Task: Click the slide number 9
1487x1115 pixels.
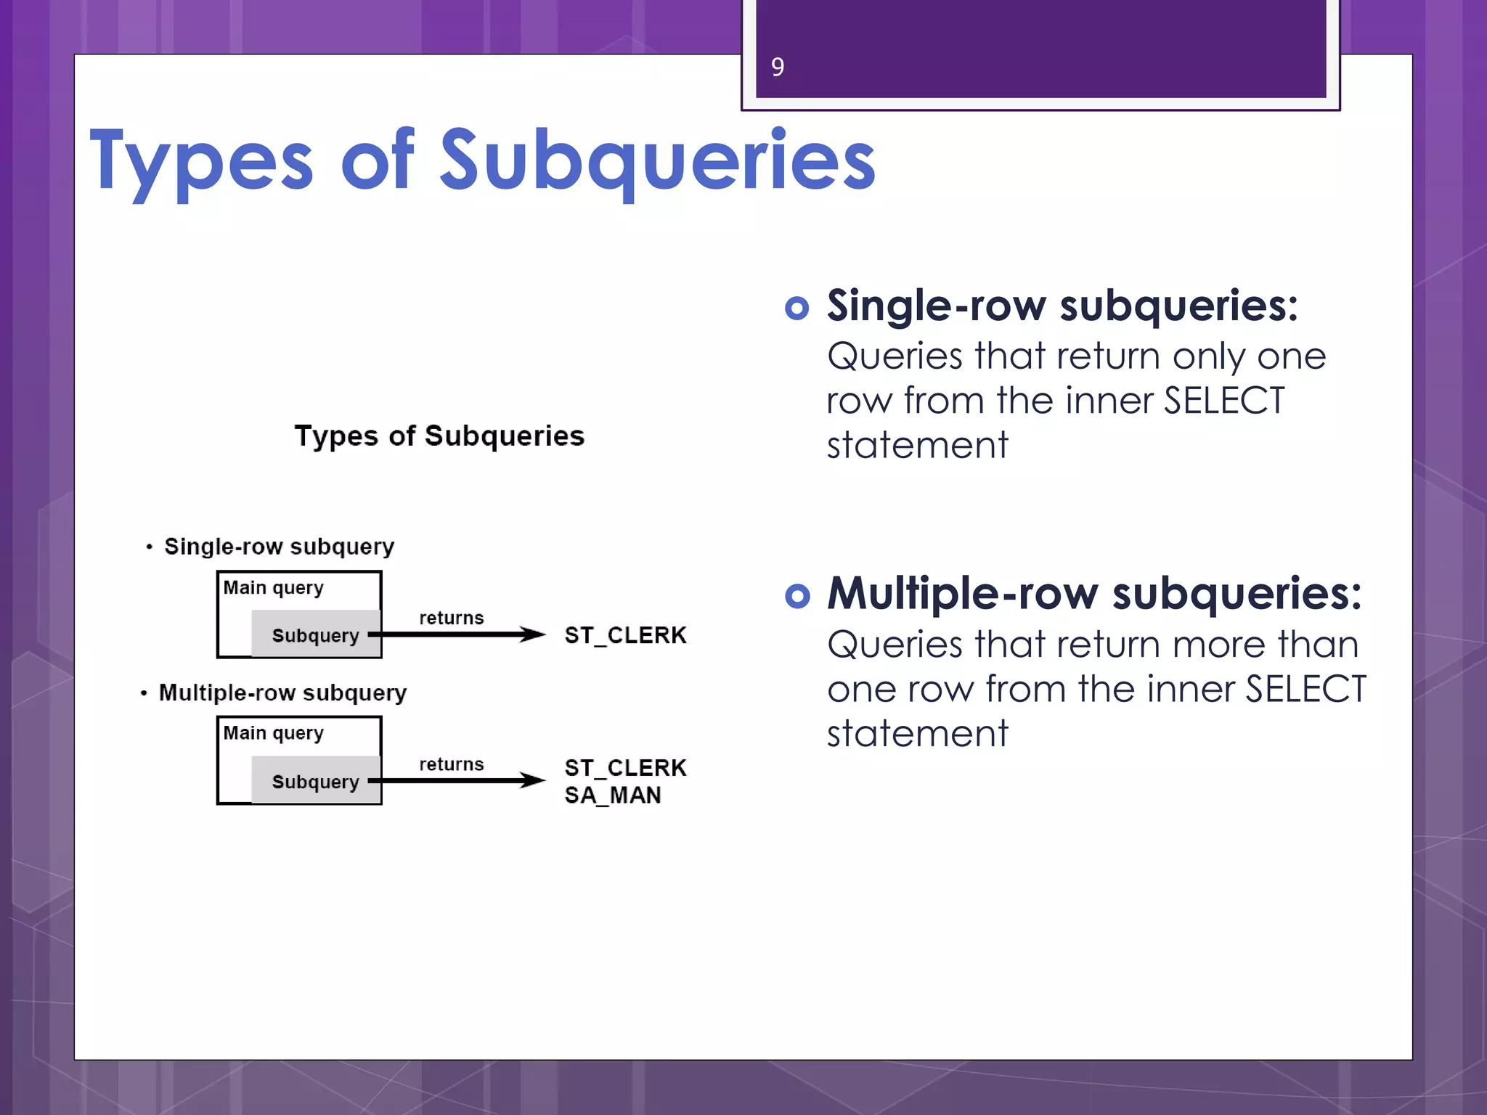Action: pos(777,68)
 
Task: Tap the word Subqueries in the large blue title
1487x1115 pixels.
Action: pos(657,161)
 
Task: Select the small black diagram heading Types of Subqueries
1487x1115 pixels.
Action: pos(439,436)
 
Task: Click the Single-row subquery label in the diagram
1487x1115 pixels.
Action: pos(279,547)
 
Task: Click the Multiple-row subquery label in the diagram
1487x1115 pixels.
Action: pos(282,693)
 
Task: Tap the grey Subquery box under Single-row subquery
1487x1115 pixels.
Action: pos(316,634)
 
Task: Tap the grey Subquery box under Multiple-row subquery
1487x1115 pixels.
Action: pos(316,781)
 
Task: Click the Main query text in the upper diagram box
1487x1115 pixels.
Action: pos(273,588)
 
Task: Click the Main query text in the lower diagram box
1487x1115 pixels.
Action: pos(273,733)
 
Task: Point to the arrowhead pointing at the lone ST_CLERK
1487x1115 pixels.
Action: pos(534,635)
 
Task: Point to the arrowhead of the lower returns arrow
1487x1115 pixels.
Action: pos(534,781)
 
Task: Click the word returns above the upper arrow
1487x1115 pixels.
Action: pos(451,618)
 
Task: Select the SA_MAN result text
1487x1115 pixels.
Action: pos(613,796)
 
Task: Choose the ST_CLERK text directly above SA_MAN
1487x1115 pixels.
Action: pos(625,768)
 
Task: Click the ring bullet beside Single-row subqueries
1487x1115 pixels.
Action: pos(797,308)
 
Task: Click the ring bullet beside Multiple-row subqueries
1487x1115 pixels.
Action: pos(797,596)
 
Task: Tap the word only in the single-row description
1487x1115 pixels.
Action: pos(1208,357)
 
